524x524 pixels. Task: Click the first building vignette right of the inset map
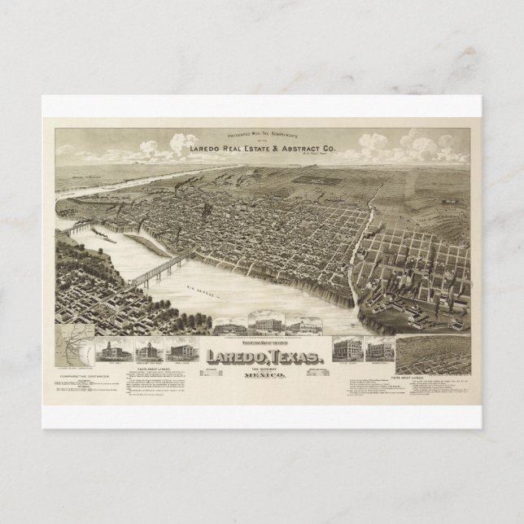click(107, 350)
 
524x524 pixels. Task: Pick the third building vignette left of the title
click(177, 350)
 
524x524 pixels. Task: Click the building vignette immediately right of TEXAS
click(343, 350)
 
